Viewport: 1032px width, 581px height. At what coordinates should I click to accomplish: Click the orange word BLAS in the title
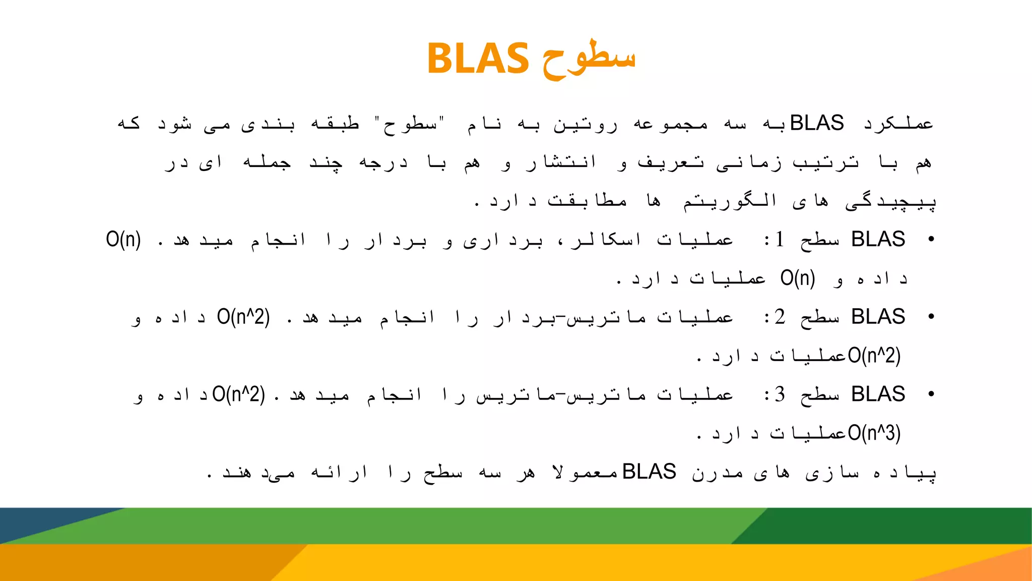(x=478, y=59)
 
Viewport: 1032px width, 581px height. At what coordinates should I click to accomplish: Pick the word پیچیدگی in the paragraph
(x=890, y=202)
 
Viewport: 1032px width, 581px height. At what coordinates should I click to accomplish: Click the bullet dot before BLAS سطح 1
(x=931, y=240)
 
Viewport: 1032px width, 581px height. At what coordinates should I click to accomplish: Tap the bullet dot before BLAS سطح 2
(x=931, y=317)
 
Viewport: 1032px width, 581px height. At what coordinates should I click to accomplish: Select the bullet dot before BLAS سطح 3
(x=931, y=394)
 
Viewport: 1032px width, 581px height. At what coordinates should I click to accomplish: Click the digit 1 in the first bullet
(x=780, y=240)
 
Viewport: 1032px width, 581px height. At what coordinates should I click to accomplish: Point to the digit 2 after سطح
(x=780, y=317)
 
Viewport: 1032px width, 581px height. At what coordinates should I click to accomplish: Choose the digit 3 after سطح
(x=780, y=394)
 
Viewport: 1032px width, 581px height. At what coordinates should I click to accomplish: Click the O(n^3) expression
(x=874, y=433)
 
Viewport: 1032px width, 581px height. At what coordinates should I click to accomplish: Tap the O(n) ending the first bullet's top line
(x=123, y=240)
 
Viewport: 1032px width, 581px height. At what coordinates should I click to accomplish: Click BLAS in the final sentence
(x=649, y=472)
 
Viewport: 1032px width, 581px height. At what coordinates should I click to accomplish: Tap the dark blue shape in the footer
(x=45, y=522)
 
